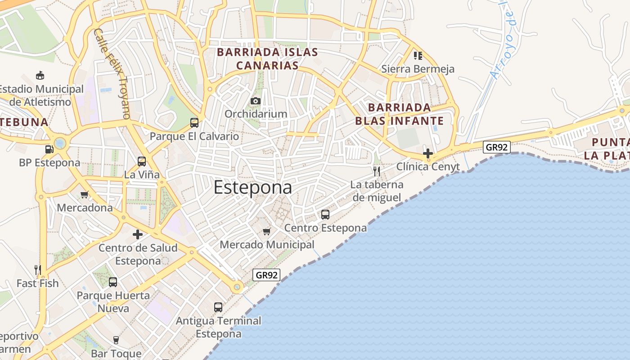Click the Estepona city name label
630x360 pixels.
click(x=252, y=187)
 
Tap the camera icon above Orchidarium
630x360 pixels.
click(x=256, y=101)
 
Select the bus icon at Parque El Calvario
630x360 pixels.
click(x=194, y=122)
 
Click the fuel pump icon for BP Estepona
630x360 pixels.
click(x=49, y=149)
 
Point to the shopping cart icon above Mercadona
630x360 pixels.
click(x=84, y=195)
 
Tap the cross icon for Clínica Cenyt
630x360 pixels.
click(x=428, y=153)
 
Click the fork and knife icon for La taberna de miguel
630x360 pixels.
click(x=377, y=171)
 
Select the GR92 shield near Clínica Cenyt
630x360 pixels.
click(x=497, y=147)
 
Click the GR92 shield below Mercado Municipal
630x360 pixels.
click(x=266, y=275)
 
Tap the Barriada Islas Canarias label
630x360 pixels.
click(x=267, y=59)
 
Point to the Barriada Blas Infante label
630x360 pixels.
click(x=400, y=114)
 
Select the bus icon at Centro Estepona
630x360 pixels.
click(x=325, y=215)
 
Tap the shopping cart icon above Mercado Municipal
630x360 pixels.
click(x=267, y=231)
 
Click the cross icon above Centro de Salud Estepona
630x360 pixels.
click(x=138, y=234)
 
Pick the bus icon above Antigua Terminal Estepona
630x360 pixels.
click(x=218, y=307)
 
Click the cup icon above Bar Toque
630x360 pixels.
click(x=116, y=340)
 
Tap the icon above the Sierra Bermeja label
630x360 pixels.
click(x=418, y=56)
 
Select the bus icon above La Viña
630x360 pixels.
click(x=142, y=161)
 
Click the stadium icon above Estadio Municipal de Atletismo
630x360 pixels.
click(x=40, y=75)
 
